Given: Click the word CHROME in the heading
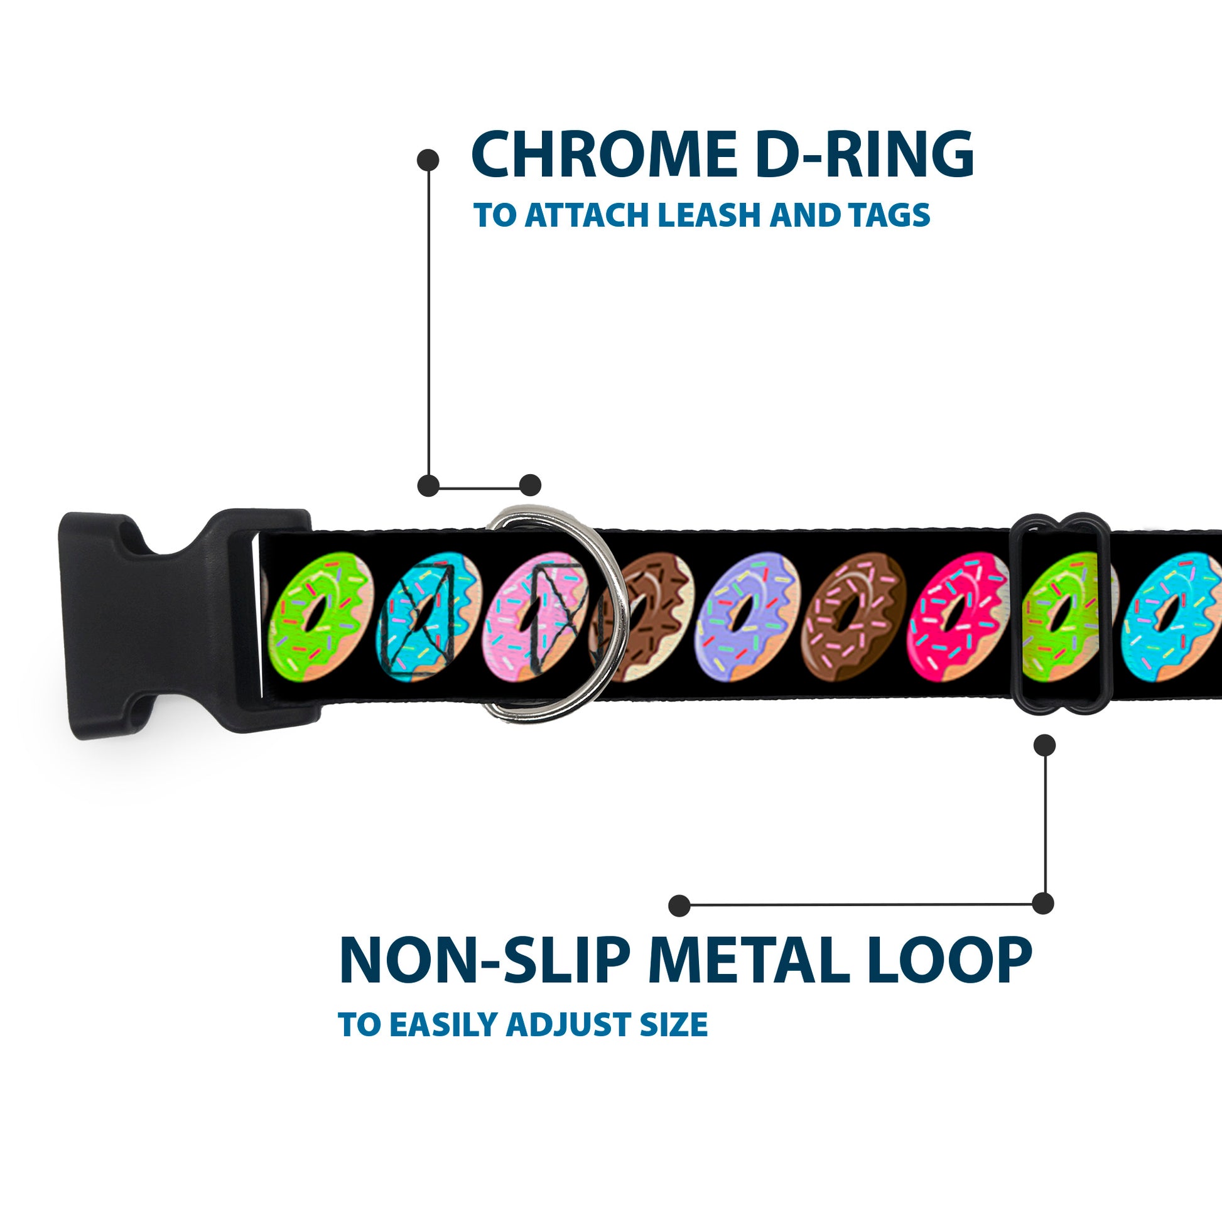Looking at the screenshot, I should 603,154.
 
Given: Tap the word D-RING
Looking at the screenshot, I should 865,154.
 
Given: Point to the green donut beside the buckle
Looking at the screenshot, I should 320,617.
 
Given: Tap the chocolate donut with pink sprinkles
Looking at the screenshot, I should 850,617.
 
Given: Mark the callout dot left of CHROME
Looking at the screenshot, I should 428,160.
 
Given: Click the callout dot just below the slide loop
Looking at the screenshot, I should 1044,745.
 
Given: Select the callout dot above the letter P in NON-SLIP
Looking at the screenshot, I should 679,905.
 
